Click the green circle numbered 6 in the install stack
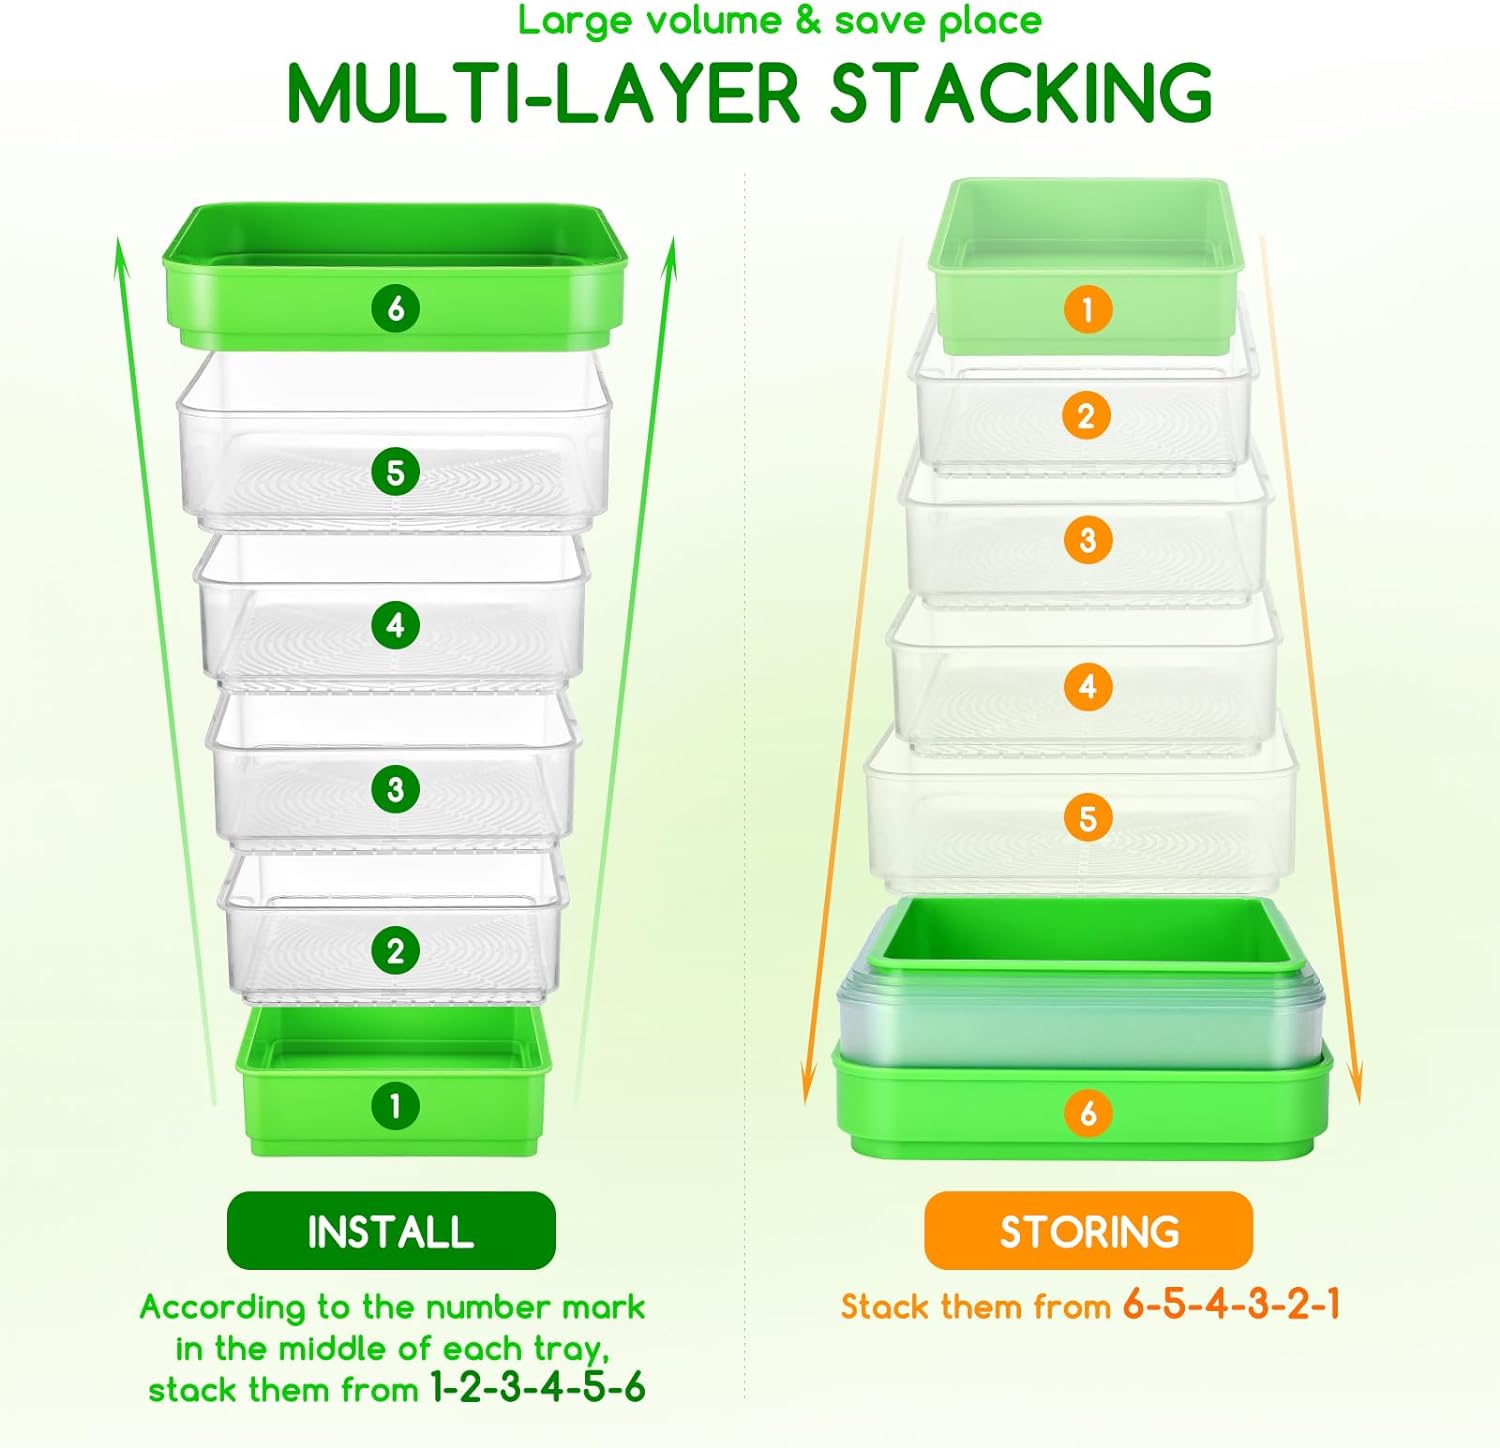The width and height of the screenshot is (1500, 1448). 395,308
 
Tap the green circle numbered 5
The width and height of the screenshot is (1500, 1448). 395,472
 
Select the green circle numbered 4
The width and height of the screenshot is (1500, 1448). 395,626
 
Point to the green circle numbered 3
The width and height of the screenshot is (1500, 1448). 395,789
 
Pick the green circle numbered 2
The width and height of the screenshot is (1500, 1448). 395,950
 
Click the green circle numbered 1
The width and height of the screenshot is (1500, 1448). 395,1106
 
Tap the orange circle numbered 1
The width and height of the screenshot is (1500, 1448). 1088,310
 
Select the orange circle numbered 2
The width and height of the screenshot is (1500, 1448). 1087,416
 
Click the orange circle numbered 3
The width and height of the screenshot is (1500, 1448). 1088,540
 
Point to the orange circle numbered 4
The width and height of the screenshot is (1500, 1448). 1088,687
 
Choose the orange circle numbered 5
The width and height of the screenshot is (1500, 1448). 1088,819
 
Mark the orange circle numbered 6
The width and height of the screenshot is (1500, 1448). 1088,1113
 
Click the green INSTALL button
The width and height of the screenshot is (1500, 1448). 391,1231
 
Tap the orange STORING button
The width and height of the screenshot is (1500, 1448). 1089,1231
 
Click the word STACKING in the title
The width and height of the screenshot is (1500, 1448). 1021,93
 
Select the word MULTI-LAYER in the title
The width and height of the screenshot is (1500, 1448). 544,93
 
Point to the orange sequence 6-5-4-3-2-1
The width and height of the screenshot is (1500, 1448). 1231,1305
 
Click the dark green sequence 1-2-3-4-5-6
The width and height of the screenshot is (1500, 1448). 538,1388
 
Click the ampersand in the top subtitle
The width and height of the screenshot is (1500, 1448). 808,21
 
